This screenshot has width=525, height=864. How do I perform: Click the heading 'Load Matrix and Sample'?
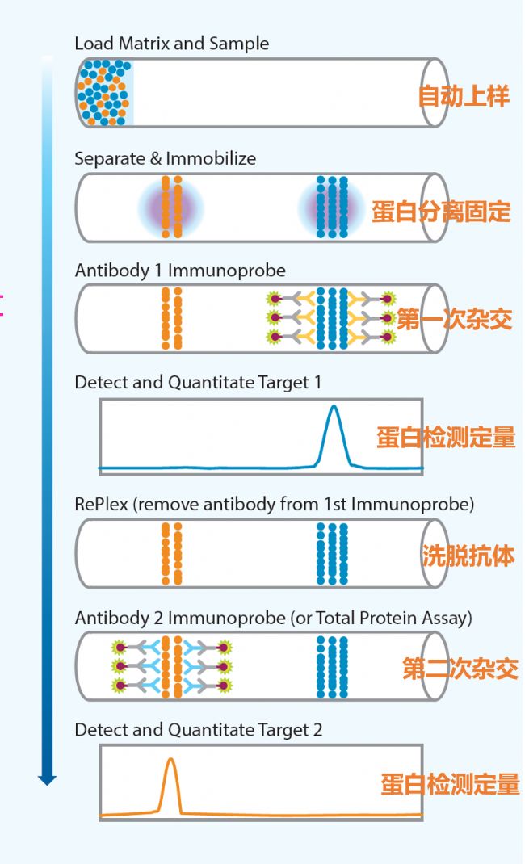tap(171, 44)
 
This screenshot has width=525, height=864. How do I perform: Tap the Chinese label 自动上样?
tap(464, 97)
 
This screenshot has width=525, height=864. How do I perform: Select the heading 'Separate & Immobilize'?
tap(165, 158)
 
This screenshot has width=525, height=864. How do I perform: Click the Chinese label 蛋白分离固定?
tap(441, 212)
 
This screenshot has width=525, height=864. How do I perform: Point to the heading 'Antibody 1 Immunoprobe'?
tap(180, 270)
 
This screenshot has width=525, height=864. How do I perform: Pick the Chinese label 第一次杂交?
tap(454, 320)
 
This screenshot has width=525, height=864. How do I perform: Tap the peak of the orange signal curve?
tap(170, 760)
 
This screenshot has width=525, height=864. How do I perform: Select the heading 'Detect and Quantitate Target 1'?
tap(198, 382)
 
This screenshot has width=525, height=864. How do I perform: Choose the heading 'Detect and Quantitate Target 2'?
tap(198, 730)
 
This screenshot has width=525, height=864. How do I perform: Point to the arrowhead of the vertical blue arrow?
tap(48, 779)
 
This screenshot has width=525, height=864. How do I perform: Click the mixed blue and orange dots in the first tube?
tap(104, 92)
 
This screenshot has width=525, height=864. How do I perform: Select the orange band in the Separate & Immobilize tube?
tap(171, 207)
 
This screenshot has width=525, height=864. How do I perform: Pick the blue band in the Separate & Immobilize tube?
tap(332, 207)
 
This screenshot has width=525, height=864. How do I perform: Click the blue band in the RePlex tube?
tap(332, 553)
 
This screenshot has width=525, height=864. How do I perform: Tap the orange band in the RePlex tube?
tap(171, 553)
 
